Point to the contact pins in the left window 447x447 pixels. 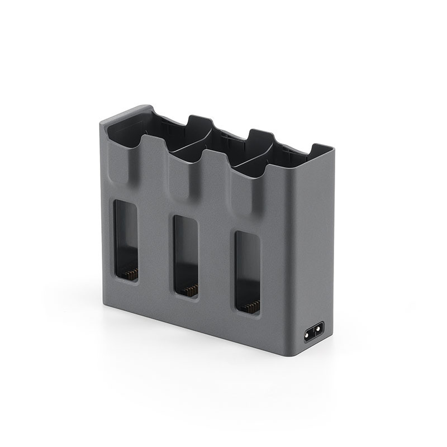coord(130,273)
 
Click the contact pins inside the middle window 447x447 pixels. coord(190,290)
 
